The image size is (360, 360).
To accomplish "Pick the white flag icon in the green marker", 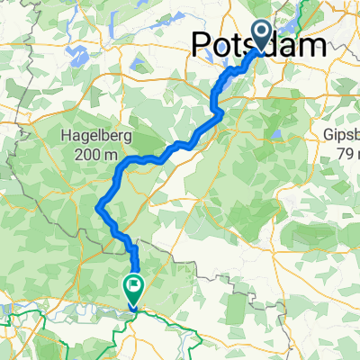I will click(132, 288).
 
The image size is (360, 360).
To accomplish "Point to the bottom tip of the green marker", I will click(132, 308).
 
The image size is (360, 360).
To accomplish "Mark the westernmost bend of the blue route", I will click(96, 208).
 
